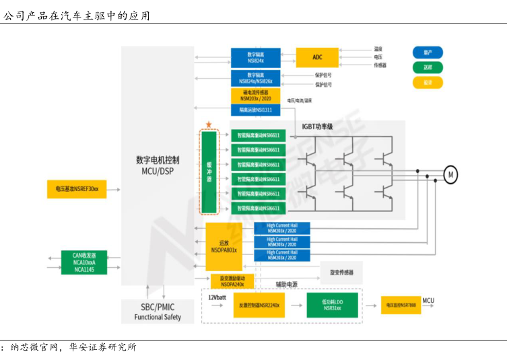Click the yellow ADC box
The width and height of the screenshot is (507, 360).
coord(317,57)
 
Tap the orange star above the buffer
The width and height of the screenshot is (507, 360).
coord(209,125)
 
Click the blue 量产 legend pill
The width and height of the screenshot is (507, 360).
coord(428,52)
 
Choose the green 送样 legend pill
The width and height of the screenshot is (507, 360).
coord(428,67)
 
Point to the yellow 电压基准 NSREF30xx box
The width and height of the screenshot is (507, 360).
coord(77,189)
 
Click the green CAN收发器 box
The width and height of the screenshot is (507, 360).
coord(84,262)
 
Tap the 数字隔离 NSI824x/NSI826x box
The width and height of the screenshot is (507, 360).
coord(256,78)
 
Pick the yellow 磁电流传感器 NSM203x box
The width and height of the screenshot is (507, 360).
coord(256,95)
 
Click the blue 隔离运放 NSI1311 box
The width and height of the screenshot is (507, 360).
coord(256,110)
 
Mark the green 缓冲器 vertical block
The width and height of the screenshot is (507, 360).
coord(209,171)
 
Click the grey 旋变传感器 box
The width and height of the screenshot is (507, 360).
coord(341,273)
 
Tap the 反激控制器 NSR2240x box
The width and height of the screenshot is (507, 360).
coord(259,305)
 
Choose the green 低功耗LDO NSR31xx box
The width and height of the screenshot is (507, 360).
coord(332,305)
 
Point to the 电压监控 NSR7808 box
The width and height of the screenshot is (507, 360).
coord(400,305)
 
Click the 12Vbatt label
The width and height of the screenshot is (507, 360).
coord(217,297)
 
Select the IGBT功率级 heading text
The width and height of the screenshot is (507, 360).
coord(317,127)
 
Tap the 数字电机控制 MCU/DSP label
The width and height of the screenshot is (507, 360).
coord(158,166)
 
